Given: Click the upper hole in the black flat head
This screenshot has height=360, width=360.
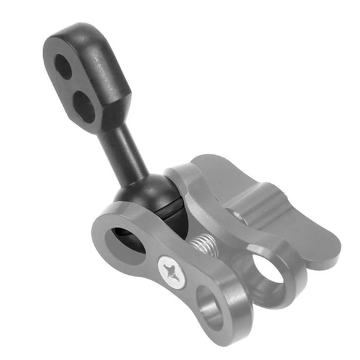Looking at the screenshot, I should click(63, 66).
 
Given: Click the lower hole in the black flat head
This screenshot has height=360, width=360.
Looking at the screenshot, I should click(83, 107).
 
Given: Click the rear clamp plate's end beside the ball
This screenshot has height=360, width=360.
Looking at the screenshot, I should click(181, 178).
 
